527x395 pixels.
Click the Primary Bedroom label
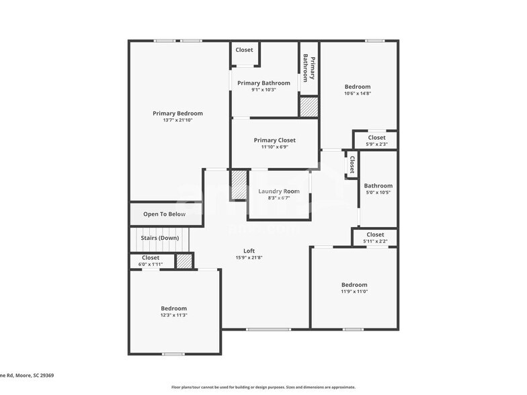177,114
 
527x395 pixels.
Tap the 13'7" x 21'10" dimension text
177,120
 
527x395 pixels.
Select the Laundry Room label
279,191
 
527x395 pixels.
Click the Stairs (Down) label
159,238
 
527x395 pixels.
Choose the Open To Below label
164,214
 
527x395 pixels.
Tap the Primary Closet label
274,140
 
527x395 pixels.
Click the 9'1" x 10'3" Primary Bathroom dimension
263,90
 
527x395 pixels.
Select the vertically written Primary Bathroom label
309,68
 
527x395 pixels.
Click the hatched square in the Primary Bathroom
309,107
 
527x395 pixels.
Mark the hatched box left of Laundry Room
239,185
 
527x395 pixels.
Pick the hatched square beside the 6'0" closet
184,261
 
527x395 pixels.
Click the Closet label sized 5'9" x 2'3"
376,138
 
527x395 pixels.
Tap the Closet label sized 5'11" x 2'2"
375,234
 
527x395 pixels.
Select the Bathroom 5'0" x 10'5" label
378,186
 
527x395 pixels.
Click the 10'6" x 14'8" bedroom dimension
358,93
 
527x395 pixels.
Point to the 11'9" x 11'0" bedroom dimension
354,292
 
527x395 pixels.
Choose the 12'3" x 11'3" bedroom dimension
173,315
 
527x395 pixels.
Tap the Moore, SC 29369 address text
27,376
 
